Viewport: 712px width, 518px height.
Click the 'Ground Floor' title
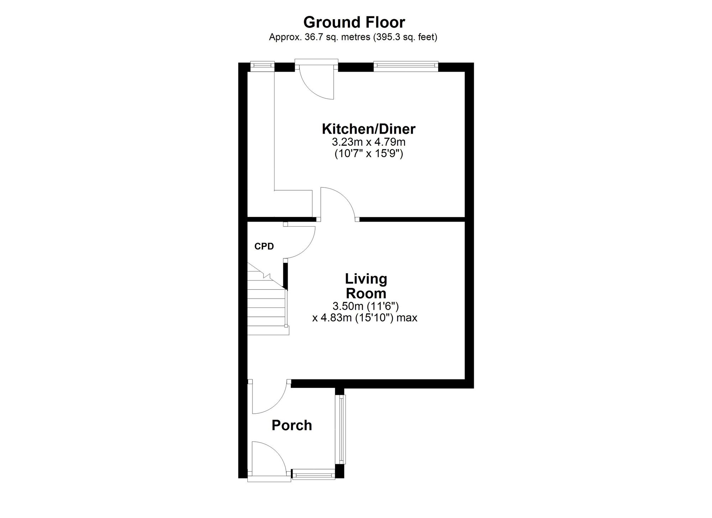click(354, 22)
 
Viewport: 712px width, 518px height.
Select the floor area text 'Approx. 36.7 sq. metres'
click(319, 37)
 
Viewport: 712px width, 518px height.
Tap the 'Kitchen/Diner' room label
click(368, 129)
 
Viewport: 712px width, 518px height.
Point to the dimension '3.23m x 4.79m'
click(368, 142)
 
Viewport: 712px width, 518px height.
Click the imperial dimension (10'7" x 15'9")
click(368, 154)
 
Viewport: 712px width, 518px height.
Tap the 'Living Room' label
click(366, 286)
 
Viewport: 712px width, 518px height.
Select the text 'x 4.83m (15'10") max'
click(365, 317)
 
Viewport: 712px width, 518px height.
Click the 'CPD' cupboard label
click(264, 246)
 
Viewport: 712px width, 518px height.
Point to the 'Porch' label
click(292, 425)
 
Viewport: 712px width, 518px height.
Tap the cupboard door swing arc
click(307, 248)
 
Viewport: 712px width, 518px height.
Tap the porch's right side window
click(342, 429)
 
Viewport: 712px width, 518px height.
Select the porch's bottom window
click(313, 474)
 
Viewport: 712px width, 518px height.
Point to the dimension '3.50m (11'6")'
click(365, 306)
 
